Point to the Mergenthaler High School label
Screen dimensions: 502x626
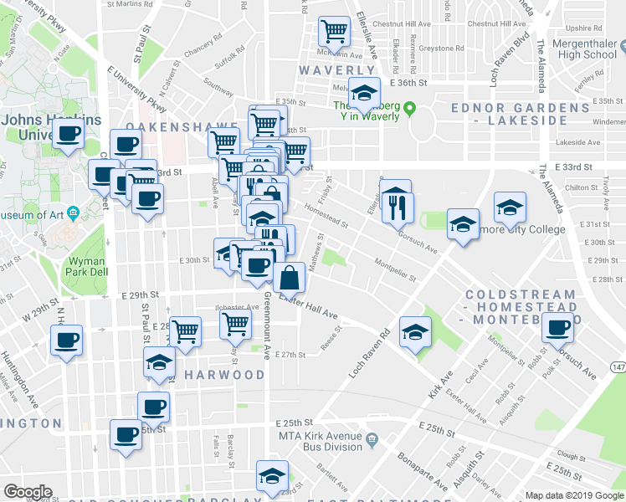click(576, 48)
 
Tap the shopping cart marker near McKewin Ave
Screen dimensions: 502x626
click(335, 33)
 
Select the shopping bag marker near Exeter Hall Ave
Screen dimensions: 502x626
click(289, 277)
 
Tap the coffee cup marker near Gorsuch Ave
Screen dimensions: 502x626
click(557, 330)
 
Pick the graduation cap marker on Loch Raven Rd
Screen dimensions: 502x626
click(414, 332)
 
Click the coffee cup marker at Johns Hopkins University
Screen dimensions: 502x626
click(68, 133)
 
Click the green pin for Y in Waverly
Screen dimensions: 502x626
click(410, 107)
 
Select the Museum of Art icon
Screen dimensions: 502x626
click(73, 214)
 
